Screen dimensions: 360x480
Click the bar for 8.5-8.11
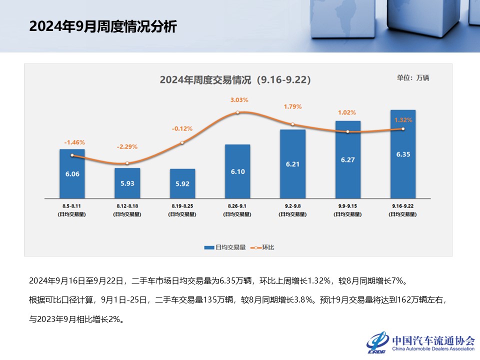(x=72, y=173)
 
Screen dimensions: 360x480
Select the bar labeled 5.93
(x=127, y=182)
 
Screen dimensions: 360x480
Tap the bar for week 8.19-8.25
(x=182, y=183)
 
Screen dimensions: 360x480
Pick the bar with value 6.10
(x=237, y=171)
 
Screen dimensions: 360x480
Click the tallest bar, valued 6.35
(x=402, y=153)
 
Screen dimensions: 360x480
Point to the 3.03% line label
(x=239, y=100)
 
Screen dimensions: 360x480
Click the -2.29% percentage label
(x=127, y=147)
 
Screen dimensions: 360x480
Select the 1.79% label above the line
(x=292, y=106)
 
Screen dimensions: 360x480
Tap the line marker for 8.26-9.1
(x=237, y=112)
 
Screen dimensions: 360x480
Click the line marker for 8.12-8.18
(x=127, y=163)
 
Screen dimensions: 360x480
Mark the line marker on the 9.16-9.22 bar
(x=403, y=129)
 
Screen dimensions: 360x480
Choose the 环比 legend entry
(x=264, y=247)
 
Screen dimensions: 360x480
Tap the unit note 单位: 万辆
(x=413, y=77)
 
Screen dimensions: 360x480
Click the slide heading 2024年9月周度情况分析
(x=103, y=26)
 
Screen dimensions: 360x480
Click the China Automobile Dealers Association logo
(x=420, y=342)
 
